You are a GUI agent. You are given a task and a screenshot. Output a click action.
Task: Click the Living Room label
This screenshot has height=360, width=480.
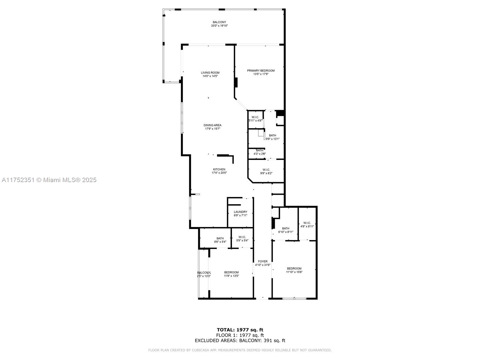[x=210, y=73]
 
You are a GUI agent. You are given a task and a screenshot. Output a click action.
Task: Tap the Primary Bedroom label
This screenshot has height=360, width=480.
[x=261, y=71]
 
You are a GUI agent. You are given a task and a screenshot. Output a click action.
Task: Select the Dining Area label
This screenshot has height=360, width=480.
[x=212, y=125]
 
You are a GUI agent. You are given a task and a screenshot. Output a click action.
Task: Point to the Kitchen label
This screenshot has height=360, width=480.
[x=219, y=169]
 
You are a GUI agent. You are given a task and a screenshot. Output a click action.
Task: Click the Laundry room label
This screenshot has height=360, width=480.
[x=241, y=212]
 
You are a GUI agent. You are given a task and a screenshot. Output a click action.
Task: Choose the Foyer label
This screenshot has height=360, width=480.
[x=262, y=262]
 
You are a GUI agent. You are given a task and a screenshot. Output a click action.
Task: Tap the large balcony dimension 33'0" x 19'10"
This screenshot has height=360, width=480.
[x=219, y=26]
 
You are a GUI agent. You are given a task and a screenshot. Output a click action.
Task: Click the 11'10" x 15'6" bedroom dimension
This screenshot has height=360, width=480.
[x=294, y=272]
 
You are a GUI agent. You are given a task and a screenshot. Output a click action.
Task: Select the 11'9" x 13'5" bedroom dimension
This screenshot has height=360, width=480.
[x=231, y=276]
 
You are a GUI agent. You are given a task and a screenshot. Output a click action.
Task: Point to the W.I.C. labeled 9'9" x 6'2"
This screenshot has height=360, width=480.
[x=266, y=171]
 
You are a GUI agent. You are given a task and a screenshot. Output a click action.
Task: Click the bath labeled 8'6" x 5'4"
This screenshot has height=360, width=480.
[x=220, y=240]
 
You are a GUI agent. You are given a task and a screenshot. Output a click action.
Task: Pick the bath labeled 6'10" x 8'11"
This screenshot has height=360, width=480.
[x=286, y=230]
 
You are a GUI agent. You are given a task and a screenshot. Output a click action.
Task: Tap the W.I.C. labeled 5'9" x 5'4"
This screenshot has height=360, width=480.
[x=242, y=239]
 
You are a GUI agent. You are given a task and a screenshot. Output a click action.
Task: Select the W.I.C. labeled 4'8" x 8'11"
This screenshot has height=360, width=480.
[x=307, y=225]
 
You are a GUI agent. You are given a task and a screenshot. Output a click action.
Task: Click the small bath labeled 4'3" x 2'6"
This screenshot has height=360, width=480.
[x=259, y=152]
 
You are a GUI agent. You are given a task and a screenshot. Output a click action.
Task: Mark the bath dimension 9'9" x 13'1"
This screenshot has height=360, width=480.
[x=272, y=139]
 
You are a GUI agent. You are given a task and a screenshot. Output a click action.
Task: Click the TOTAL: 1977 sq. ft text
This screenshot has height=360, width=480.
[x=240, y=330]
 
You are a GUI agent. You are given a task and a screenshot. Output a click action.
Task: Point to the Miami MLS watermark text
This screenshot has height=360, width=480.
[x=49, y=180]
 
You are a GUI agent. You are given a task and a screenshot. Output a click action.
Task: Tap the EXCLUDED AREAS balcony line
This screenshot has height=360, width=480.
[x=240, y=340]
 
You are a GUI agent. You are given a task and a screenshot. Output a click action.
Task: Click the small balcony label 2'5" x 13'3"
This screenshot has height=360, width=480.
[x=204, y=274]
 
